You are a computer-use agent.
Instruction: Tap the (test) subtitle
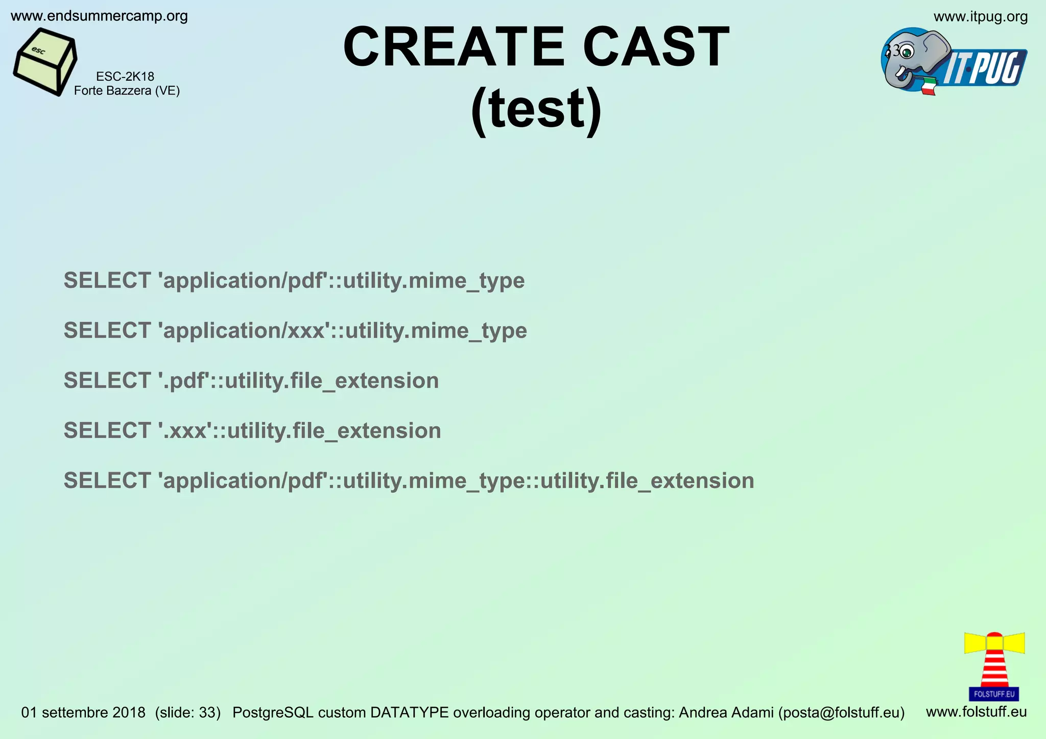click(x=536, y=109)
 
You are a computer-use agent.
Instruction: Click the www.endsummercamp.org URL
click(x=99, y=16)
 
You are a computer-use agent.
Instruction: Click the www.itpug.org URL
click(x=980, y=17)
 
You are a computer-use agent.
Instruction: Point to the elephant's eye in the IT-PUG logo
click(x=907, y=52)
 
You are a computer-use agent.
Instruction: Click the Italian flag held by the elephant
click(x=929, y=86)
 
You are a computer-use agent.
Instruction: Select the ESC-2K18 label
click(x=125, y=77)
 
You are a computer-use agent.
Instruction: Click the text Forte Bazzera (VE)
click(x=127, y=91)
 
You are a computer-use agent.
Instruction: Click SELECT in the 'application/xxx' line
click(x=107, y=331)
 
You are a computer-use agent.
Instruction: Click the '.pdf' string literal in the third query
click(x=185, y=381)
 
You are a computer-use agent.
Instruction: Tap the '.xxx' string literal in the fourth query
click(x=186, y=431)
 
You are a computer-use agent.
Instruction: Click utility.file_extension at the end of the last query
click(x=647, y=481)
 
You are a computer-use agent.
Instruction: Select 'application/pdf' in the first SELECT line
click(x=243, y=281)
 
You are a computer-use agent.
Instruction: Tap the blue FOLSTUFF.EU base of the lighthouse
click(x=994, y=694)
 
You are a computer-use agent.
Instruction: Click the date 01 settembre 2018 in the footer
click(x=83, y=712)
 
